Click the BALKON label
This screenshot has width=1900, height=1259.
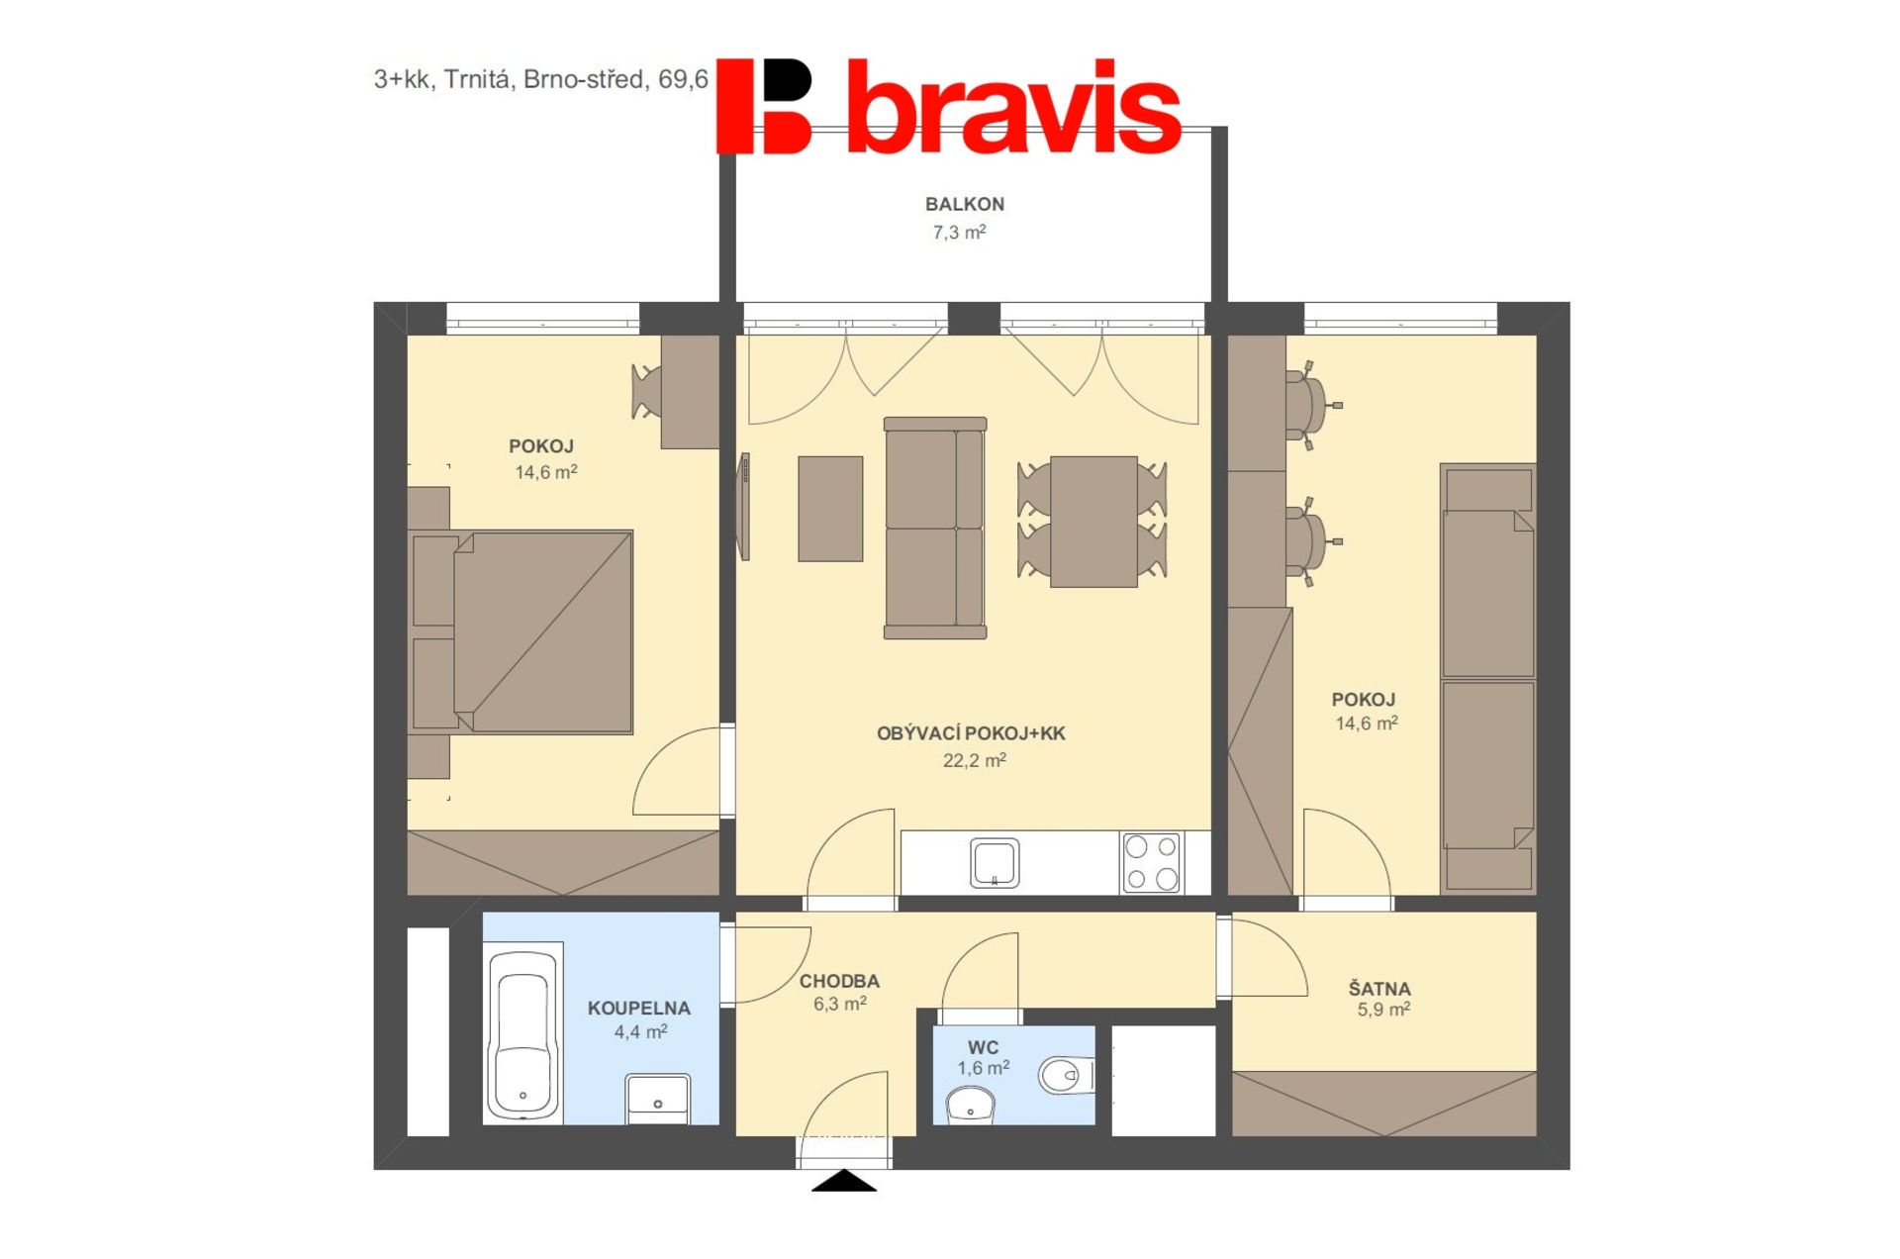pyautogui.click(x=964, y=204)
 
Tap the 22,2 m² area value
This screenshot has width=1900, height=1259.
pyautogui.click(x=974, y=760)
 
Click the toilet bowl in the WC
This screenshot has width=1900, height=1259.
pyautogui.click(x=1066, y=1075)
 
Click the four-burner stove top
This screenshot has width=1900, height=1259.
pyautogui.click(x=1151, y=862)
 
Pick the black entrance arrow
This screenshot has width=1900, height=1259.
pyautogui.click(x=844, y=1181)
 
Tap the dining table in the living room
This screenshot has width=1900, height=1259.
pyautogui.click(x=1092, y=522)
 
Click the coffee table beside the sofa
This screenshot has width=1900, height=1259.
pyautogui.click(x=830, y=509)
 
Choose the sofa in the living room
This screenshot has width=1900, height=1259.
pyautogui.click(x=935, y=528)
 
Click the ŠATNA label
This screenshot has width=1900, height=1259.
pyautogui.click(x=1379, y=988)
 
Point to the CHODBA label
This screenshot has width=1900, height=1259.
pyautogui.click(x=839, y=981)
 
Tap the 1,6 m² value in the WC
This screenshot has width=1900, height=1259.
pyautogui.click(x=983, y=1068)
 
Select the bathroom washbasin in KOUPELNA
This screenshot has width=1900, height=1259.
pyautogui.click(x=658, y=1100)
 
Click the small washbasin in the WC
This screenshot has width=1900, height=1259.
pyautogui.click(x=971, y=1105)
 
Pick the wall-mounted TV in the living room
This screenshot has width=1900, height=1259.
pyautogui.click(x=744, y=507)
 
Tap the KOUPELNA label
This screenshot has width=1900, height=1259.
pyautogui.click(x=638, y=1008)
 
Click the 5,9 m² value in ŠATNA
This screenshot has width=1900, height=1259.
pyautogui.click(x=1383, y=1010)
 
